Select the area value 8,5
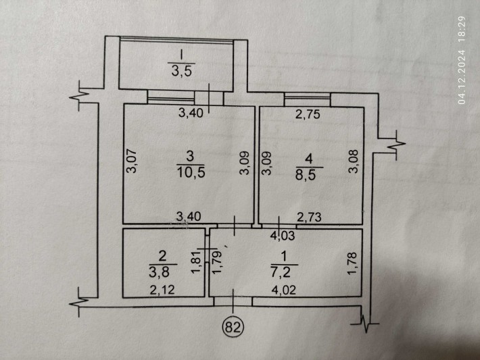(x=311, y=172)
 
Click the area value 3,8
(x=162, y=271)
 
